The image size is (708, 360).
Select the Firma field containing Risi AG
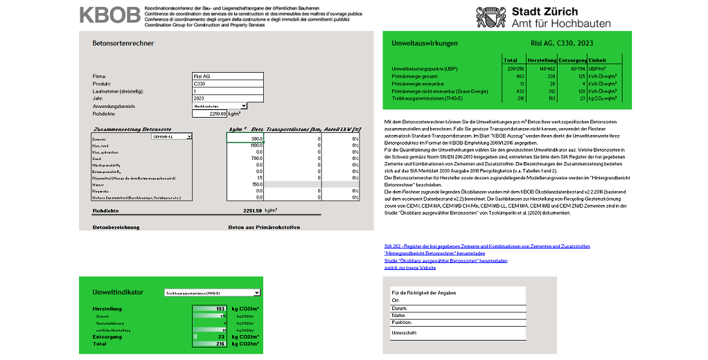click(227, 76)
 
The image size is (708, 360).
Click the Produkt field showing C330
click(227, 84)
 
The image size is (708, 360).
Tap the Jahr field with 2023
click(227, 98)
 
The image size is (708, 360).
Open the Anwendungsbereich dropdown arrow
click(244, 106)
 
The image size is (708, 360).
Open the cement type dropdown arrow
click(189, 137)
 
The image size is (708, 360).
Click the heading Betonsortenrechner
click(123, 44)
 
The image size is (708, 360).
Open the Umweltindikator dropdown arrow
click(256, 294)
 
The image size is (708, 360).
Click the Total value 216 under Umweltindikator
click(221, 343)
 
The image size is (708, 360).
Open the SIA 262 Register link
click(487, 246)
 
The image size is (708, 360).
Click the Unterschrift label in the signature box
click(405, 333)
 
